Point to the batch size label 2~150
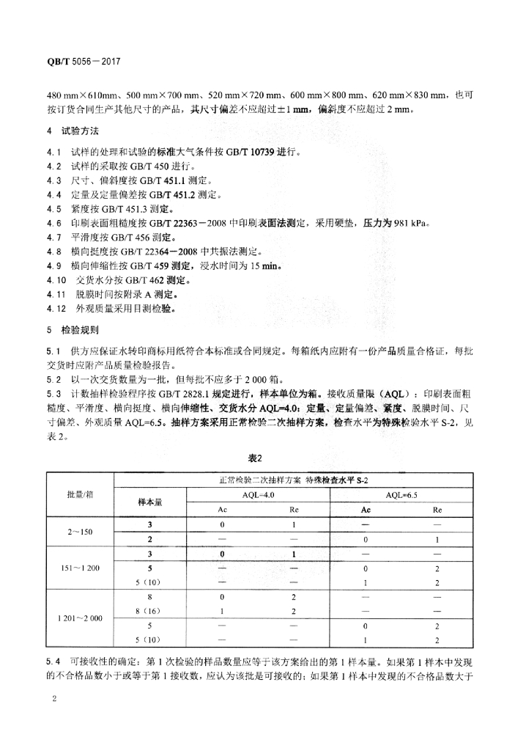point(80,532)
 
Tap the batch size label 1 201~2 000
point(80,618)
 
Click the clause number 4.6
point(53,223)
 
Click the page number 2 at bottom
point(54,702)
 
